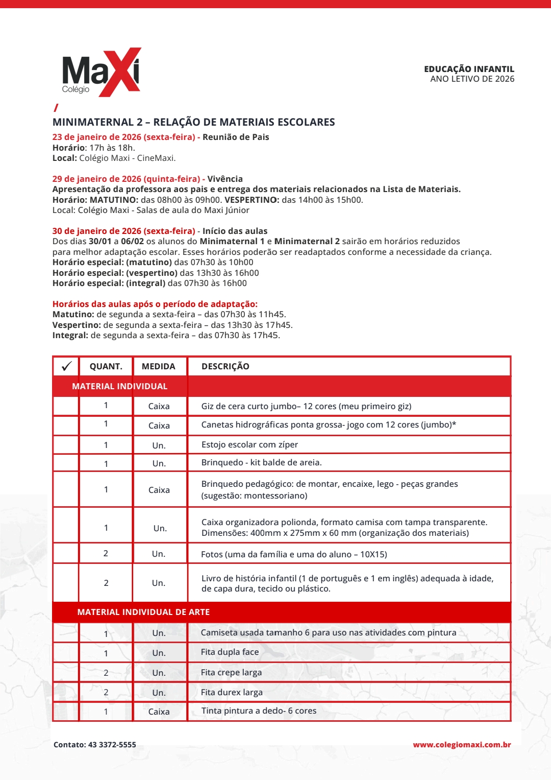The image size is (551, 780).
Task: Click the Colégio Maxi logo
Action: tap(101, 72)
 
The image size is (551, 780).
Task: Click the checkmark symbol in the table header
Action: tap(66, 366)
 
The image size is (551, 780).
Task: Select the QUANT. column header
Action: tap(106, 366)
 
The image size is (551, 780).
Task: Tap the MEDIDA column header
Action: tap(158, 366)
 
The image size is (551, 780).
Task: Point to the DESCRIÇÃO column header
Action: tap(225, 366)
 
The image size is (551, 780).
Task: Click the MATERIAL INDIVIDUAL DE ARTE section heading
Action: tap(143, 612)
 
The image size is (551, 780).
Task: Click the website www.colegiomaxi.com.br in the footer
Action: tap(462, 745)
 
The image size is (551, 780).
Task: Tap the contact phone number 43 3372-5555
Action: tap(112, 745)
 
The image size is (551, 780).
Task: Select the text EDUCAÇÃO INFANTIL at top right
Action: tap(469, 69)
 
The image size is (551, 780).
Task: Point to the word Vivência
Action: tap(225, 179)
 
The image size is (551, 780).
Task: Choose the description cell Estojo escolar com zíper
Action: tap(249, 444)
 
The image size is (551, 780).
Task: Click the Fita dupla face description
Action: tap(230, 652)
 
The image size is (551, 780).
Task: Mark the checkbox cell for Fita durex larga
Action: tap(66, 692)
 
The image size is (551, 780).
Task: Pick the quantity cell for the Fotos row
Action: tap(106, 553)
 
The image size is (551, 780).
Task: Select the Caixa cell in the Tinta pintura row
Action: tap(159, 712)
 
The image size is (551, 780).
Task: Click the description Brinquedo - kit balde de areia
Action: tap(261, 462)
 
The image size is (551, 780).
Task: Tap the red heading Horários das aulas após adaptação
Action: tap(155, 304)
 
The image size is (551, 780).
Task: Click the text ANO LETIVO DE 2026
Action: tap(472, 79)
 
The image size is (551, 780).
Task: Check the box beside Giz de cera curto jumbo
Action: tap(66, 406)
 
